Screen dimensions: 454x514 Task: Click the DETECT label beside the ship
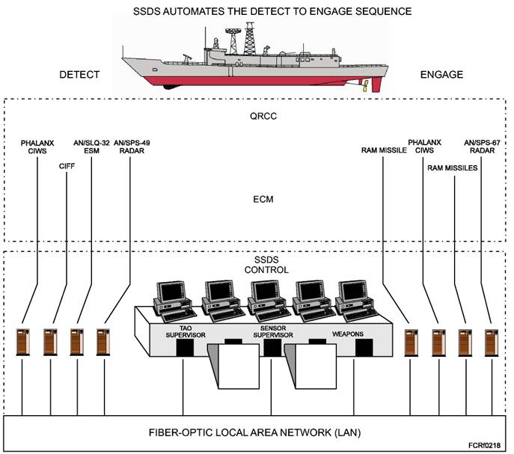(79, 75)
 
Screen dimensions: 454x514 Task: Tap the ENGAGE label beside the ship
(441, 75)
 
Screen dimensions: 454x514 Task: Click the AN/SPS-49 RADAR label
(131, 146)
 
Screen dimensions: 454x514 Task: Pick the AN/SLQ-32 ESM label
(91, 146)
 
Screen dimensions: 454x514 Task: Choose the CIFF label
(66, 166)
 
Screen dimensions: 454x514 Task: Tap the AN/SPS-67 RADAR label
(480, 146)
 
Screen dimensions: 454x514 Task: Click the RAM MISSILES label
(452, 168)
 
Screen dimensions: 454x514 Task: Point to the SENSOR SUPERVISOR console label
(270, 331)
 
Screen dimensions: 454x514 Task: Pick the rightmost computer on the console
(352, 300)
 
